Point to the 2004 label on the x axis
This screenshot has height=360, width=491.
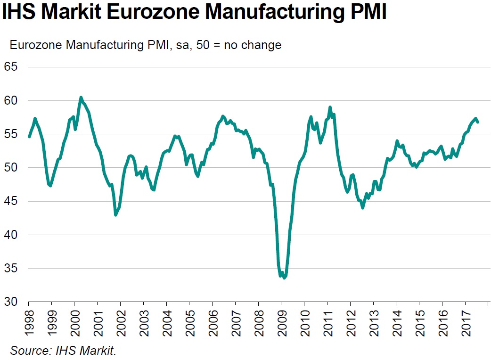(x=166, y=322)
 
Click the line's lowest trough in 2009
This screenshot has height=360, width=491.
(x=284, y=278)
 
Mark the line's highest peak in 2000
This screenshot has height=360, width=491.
(x=81, y=98)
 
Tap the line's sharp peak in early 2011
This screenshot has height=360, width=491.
(x=330, y=107)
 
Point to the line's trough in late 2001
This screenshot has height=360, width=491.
(x=116, y=215)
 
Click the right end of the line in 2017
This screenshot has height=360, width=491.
(x=478, y=122)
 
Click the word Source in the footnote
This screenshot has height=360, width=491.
(x=26, y=351)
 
